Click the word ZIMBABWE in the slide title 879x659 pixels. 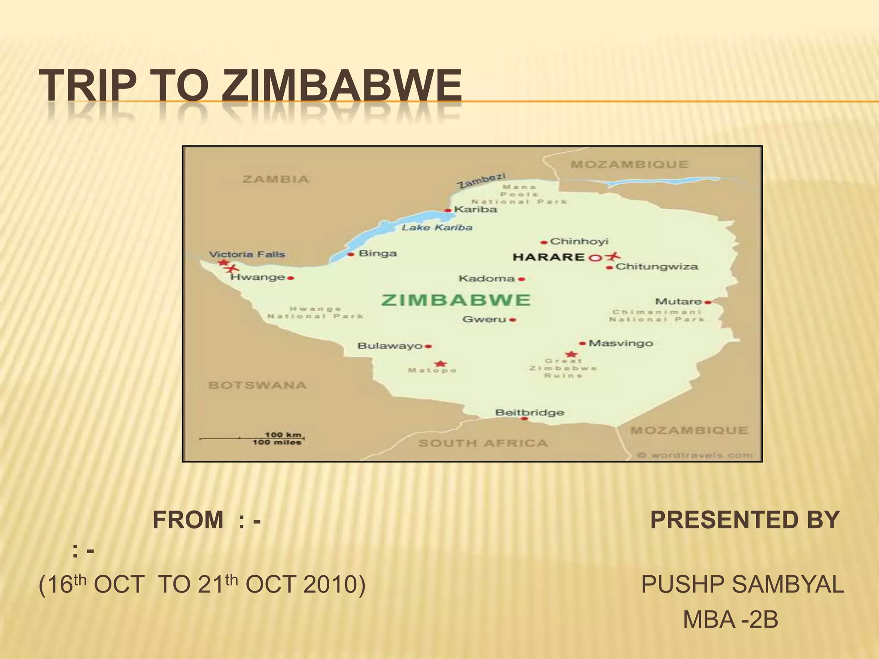coord(342,86)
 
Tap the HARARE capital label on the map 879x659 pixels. coord(549,257)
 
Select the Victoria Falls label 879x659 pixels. coord(247,254)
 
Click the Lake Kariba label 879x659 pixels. coord(437,227)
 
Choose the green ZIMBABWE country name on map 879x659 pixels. coord(456,300)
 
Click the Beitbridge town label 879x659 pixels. coord(530,412)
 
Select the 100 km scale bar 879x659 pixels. coord(252,438)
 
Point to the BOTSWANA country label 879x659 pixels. coord(258,385)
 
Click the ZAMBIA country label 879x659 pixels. coord(276,179)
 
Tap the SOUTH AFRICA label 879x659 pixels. coord(483,443)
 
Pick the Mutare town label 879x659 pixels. coord(678,302)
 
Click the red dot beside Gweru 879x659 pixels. coord(513,320)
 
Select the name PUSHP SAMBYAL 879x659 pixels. coord(743,584)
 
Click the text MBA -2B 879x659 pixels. coord(730,620)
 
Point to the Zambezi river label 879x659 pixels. coord(481,181)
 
